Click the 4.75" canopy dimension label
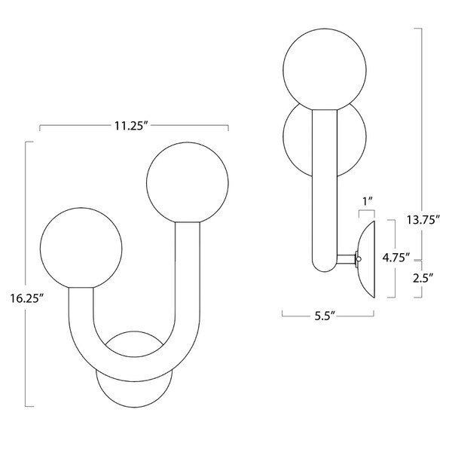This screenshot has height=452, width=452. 395,257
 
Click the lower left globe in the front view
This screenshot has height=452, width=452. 80,249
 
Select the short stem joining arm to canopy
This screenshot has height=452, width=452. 348,260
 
